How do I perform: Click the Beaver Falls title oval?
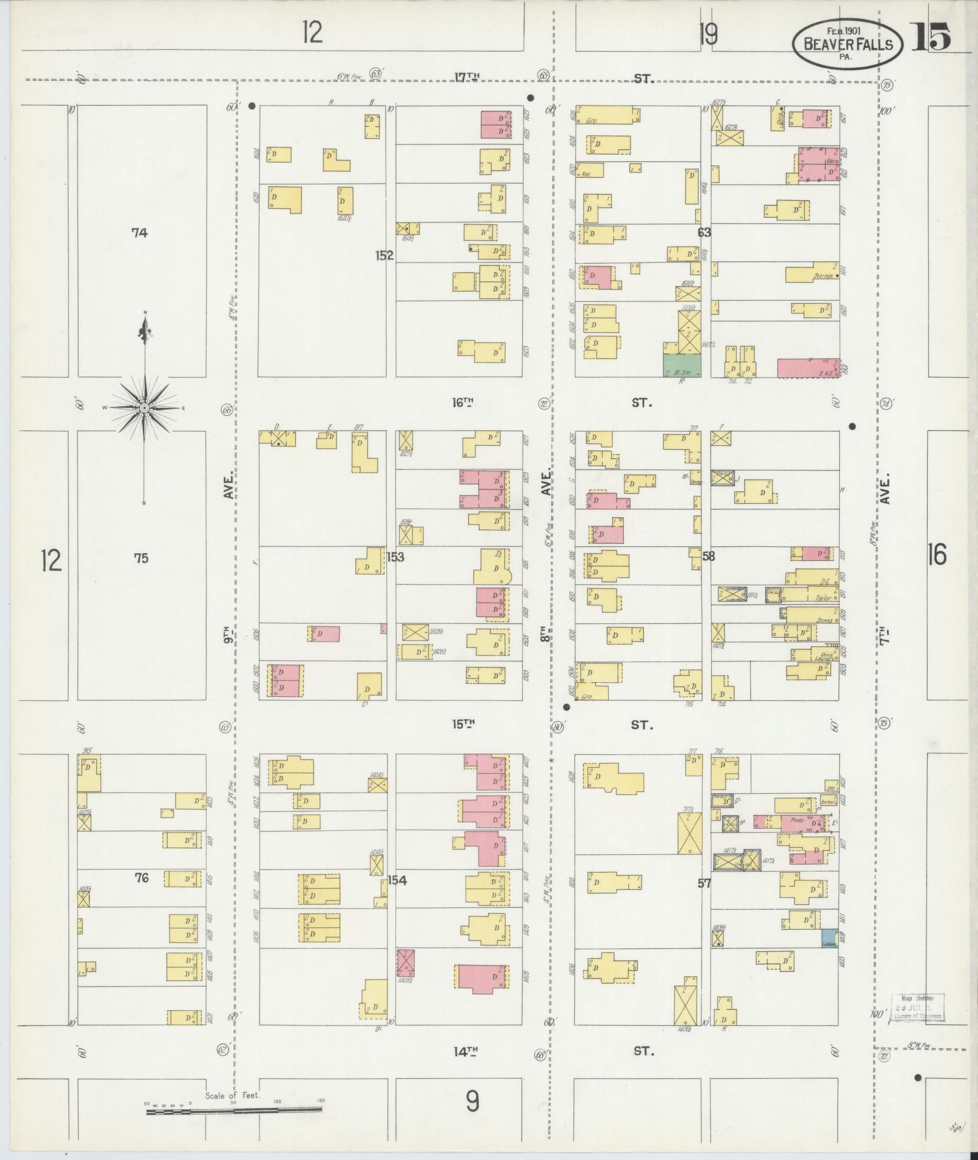click(x=847, y=43)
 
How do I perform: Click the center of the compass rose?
click(x=144, y=408)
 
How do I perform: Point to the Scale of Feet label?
click(x=232, y=1096)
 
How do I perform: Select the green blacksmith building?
click(x=682, y=366)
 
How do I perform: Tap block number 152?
click(x=384, y=256)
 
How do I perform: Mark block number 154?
click(x=397, y=880)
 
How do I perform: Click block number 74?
click(x=139, y=232)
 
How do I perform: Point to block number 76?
click(x=141, y=877)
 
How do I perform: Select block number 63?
click(x=704, y=232)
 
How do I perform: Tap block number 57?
click(x=703, y=883)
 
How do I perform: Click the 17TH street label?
click(x=467, y=77)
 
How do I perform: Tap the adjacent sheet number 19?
click(x=708, y=35)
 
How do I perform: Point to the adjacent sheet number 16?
click(x=936, y=555)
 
